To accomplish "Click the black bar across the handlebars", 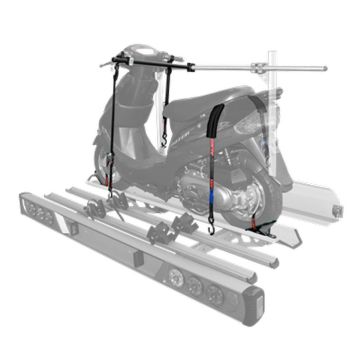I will pos(150,64).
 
